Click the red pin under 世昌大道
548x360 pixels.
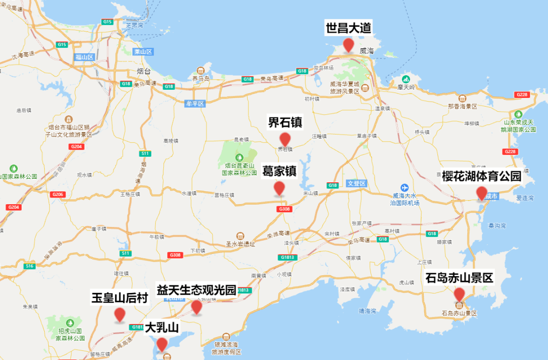[348, 45]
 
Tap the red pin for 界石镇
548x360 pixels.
[285, 139]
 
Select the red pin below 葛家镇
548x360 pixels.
[279, 188]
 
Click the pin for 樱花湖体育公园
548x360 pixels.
[482, 193]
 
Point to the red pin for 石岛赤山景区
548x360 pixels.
[459, 294]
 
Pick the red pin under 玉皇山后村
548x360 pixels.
[120, 314]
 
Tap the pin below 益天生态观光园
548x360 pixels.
[196, 306]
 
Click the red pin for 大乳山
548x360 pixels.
[162, 344]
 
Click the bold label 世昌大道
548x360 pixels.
[348, 28]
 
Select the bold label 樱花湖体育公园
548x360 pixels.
[482, 176]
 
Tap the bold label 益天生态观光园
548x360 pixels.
[196, 290]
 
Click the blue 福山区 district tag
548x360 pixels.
[84, 57]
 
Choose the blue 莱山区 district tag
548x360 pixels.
[143, 52]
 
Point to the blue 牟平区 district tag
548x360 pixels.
[194, 104]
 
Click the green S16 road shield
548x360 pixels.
[29, 266]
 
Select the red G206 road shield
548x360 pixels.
[58, 194]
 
